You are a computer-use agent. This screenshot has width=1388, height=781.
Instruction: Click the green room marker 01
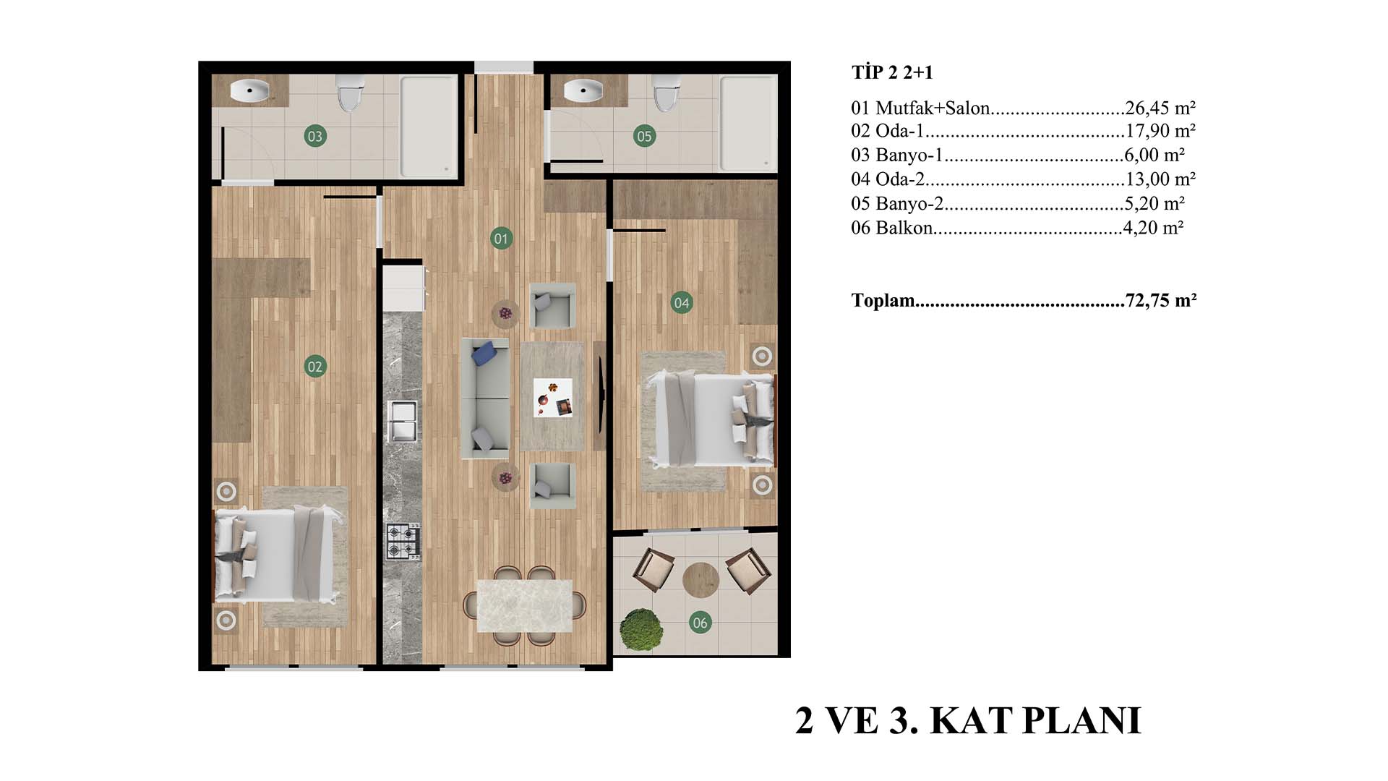[x=501, y=238]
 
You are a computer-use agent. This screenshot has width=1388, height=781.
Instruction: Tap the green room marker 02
[x=315, y=367]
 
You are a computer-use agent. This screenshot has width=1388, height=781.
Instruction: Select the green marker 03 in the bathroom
[x=314, y=136]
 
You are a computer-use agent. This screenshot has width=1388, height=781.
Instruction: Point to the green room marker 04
[x=682, y=303]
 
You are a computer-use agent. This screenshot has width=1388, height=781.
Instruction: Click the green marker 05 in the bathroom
[x=644, y=136]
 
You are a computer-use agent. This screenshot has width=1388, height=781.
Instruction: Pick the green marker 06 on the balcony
[x=700, y=623]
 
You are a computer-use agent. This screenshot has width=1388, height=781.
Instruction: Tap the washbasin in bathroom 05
[x=583, y=90]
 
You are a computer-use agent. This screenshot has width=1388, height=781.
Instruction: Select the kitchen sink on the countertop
[x=403, y=420]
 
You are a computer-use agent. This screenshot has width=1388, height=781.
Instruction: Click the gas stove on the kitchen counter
[x=403, y=542]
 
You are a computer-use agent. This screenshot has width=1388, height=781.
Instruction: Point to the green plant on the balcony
[x=641, y=629]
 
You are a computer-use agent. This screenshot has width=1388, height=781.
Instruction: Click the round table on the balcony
[x=701, y=580]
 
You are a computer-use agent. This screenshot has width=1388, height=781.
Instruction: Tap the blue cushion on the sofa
[x=484, y=354]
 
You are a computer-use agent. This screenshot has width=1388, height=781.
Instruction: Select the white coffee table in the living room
[x=553, y=398]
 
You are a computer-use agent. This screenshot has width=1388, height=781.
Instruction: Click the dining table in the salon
[x=524, y=605]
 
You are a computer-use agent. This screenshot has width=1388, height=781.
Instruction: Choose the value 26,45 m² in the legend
[x=1160, y=108]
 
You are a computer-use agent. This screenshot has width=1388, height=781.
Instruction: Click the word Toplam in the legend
[x=883, y=300]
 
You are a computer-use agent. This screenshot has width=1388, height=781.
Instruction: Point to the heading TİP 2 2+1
[x=892, y=72]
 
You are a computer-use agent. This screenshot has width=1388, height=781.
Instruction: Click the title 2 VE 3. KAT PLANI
[x=968, y=721]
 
